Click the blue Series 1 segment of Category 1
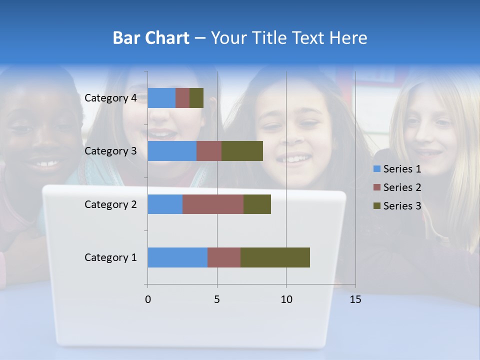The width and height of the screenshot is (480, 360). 177,257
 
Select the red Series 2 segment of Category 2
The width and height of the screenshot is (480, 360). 213,204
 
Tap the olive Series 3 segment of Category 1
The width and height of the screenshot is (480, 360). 275,257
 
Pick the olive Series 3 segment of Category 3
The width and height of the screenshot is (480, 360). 242,151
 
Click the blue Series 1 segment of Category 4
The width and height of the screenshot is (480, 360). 161,98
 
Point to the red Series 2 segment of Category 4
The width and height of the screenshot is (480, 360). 182,98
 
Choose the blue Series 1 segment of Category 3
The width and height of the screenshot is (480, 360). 172,151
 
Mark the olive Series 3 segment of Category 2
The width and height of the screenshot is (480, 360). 257,204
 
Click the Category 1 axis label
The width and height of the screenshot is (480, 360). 110,257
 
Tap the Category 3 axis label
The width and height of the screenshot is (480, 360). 110,151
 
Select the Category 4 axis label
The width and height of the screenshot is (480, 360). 110,98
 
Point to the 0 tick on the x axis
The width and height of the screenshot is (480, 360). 147,299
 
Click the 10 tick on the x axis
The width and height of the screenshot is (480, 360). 286,299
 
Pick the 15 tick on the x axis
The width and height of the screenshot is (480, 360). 355,299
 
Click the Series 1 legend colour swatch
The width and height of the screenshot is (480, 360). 377,169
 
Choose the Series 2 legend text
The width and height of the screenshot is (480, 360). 402,187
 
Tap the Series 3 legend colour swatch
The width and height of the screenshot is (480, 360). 377,206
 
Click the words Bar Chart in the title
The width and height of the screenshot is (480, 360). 151,38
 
